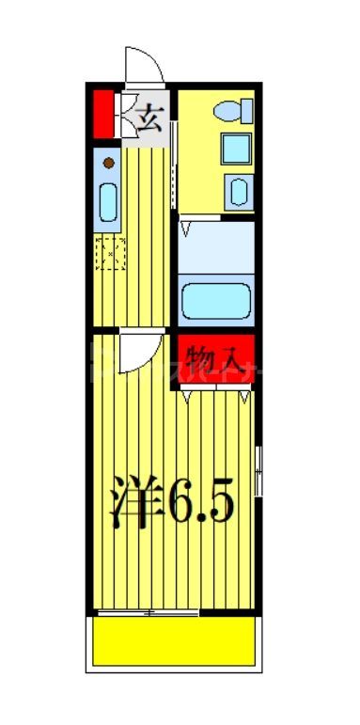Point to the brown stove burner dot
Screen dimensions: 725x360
click(108, 164)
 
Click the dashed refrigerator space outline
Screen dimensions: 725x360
click(110, 254)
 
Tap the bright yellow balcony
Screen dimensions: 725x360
click(174, 643)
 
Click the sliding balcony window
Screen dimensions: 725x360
click(148, 613)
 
